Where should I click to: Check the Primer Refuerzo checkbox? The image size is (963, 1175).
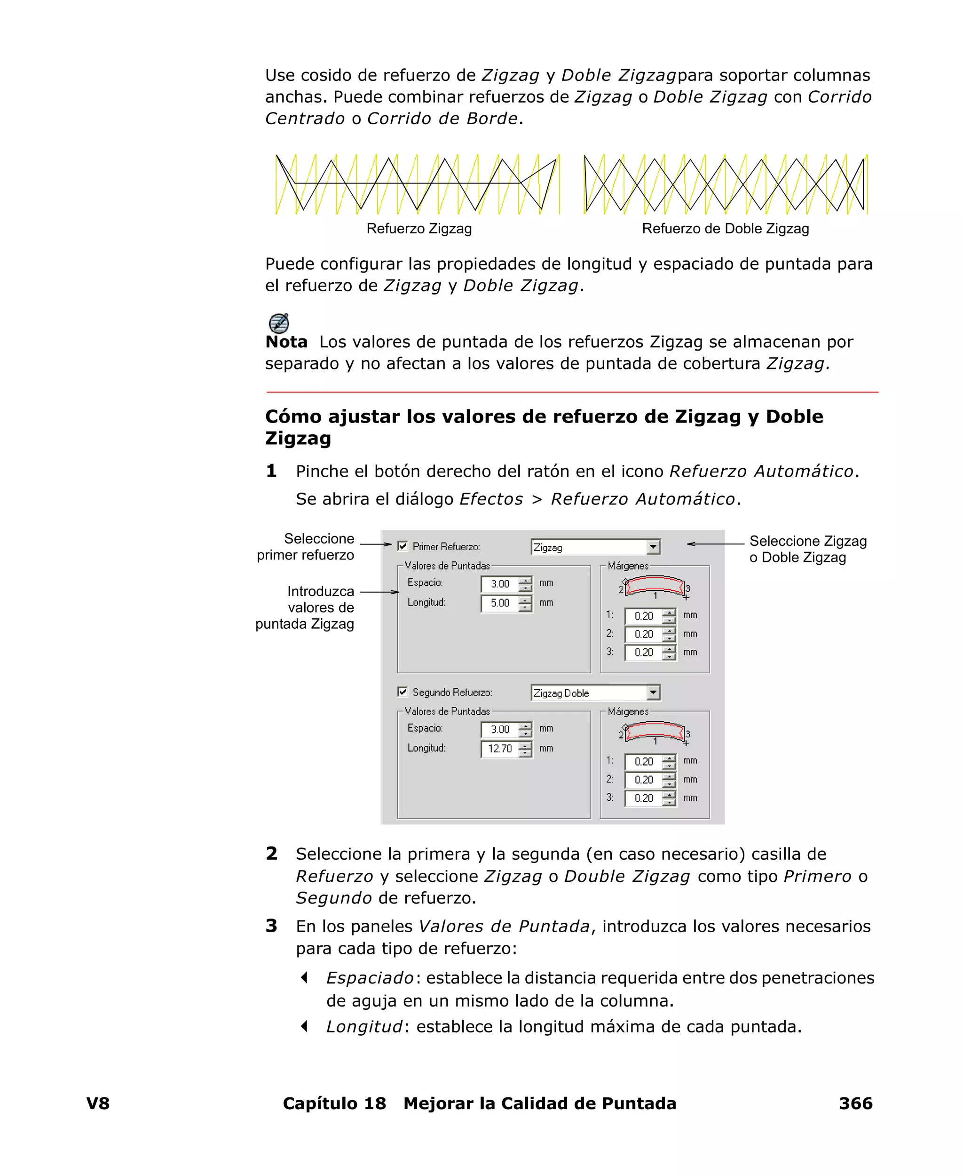pos(402,546)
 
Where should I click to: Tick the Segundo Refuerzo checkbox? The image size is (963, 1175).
pos(402,692)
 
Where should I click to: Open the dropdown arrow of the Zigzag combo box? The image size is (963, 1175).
pos(653,547)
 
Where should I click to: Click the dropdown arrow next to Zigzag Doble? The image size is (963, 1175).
pos(653,692)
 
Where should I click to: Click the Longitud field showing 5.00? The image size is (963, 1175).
pos(500,603)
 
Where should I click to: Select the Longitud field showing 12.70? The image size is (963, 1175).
pos(500,749)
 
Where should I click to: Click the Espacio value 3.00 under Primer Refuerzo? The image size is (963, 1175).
pos(500,584)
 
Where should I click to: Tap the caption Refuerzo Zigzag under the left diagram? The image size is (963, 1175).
pos(419,229)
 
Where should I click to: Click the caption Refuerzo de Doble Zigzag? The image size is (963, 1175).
pos(725,229)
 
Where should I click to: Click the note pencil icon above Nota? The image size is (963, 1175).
pos(278,322)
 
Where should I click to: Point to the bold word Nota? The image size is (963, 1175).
pos(286,342)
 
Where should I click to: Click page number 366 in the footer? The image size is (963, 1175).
pos(855,1103)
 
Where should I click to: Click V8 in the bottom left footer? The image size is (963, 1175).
pos(98,1103)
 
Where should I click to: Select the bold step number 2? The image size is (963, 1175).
pos(271,854)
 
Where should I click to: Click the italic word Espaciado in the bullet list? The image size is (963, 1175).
pos(370,978)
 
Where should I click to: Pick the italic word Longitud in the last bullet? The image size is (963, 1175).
pos(364,1027)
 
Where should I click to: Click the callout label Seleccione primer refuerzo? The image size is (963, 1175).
pos(306,547)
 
